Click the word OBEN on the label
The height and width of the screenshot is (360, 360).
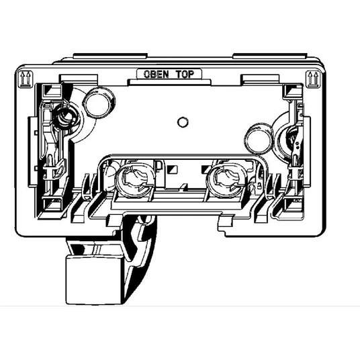156,74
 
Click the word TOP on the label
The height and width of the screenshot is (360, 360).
185,74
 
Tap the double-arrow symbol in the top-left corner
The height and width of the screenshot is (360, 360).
26,79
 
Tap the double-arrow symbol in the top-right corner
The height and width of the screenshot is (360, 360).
313,79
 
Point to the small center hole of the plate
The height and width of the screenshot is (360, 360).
183,122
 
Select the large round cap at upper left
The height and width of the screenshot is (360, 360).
99,103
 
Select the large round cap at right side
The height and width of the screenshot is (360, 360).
259,138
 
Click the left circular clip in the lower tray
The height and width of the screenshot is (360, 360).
135,180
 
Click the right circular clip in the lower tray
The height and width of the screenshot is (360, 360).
226,180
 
